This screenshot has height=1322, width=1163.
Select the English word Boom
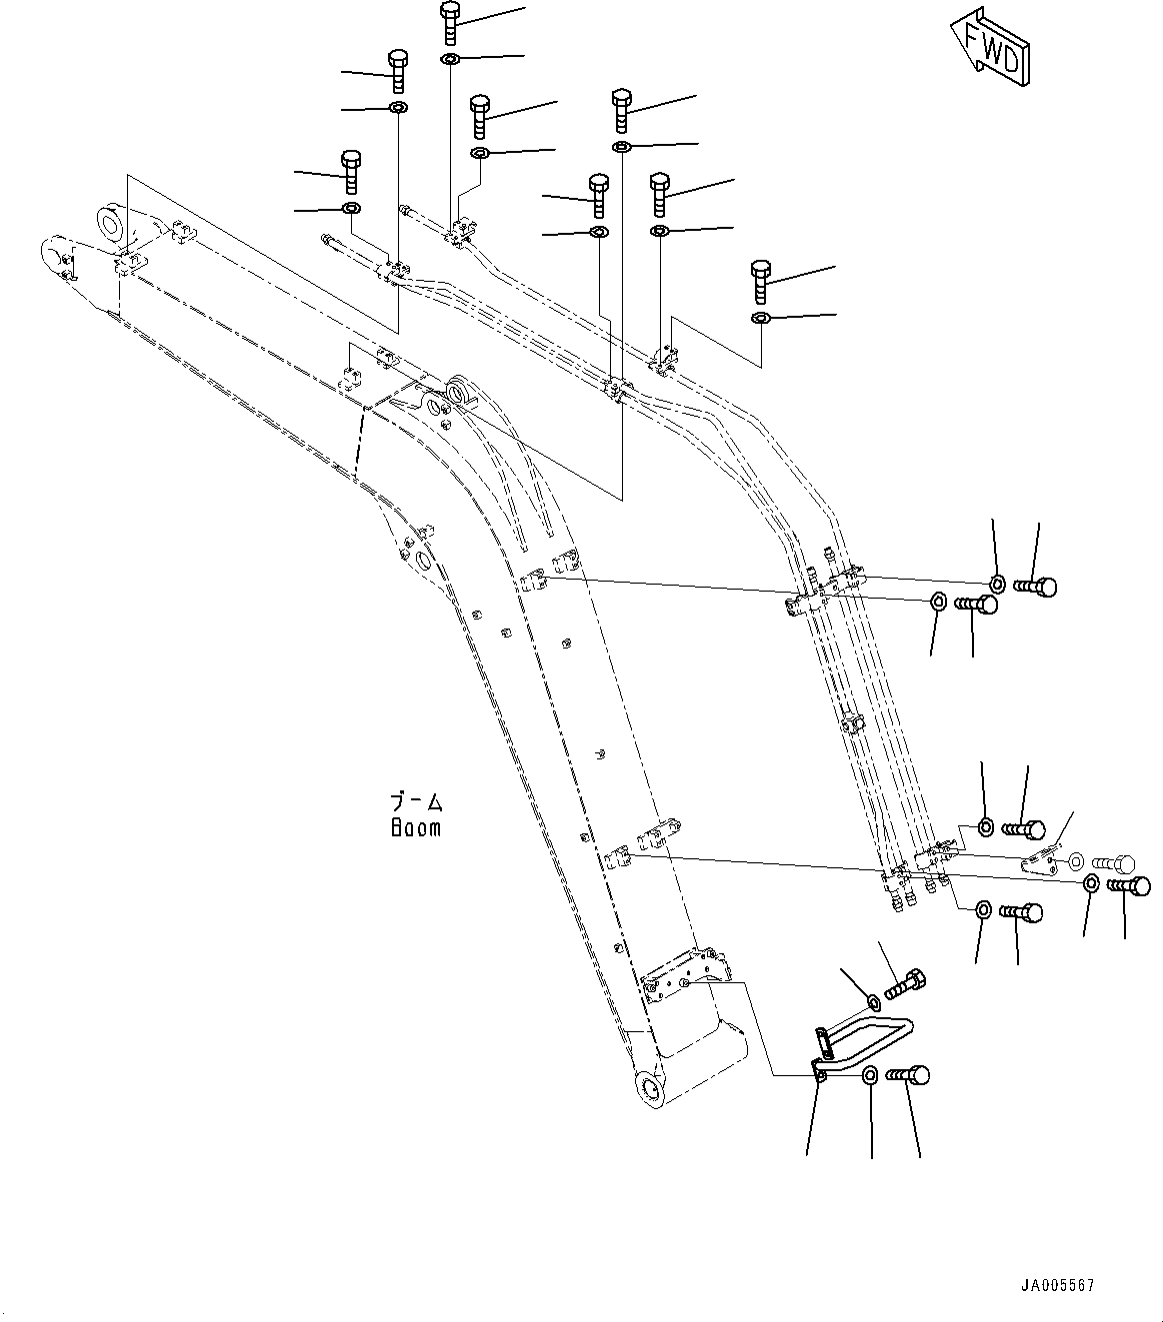pos(415,828)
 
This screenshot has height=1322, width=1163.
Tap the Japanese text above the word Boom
pos(415,802)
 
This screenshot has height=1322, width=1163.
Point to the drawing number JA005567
pos(1057,1285)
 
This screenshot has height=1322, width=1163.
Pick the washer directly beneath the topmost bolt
pos(450,61)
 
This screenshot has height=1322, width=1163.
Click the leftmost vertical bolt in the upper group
pos(350,172)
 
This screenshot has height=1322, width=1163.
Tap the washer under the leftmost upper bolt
pos(351,209)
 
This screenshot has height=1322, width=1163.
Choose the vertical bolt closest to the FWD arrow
pos(761,281)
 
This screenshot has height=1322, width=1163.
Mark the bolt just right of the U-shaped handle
pos(908,1076)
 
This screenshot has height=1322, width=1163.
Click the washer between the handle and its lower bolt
pos(870,1075)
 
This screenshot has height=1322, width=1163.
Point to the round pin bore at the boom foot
pos(649,1088)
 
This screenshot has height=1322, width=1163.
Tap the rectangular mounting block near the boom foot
pos(684,976)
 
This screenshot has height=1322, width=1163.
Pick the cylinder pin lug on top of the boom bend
pos(460,390)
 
